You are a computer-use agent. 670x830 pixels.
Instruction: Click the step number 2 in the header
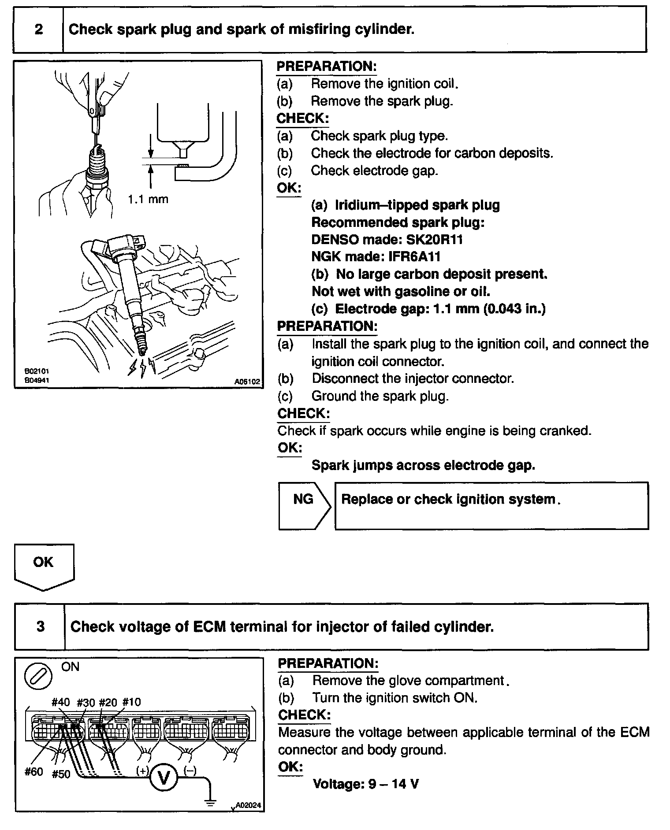point(39,30)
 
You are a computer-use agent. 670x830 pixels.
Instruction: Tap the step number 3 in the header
point(40,626)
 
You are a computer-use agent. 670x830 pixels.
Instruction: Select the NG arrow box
point(304,505)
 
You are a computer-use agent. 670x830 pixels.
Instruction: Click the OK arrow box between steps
point(44,566)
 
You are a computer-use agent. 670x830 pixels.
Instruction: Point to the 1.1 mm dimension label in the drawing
point(148,199)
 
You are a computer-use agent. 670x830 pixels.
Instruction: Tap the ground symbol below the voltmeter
point(211,802)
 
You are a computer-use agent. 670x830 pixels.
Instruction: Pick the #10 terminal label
point(131,702)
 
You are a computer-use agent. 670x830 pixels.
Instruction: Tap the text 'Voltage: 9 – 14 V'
point(365,784)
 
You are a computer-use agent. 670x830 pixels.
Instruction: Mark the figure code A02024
point(248,805)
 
